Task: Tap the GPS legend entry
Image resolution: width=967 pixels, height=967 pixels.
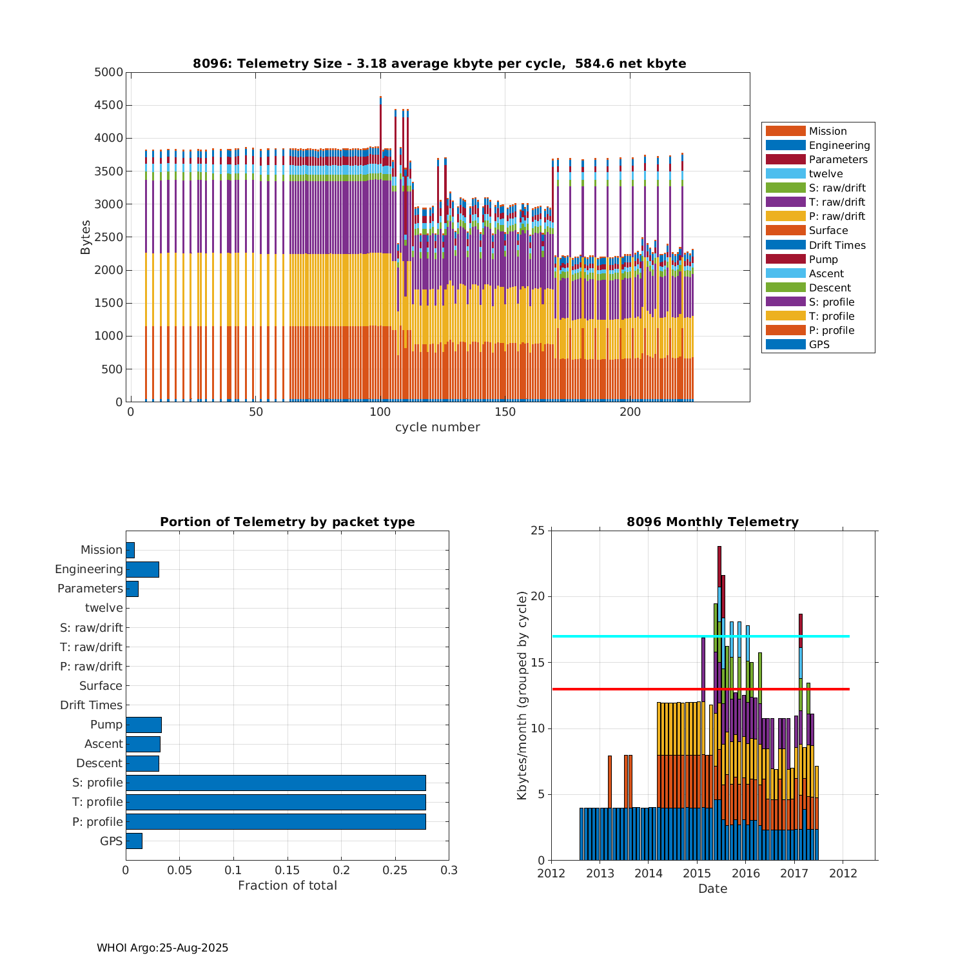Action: (x=819, y=344)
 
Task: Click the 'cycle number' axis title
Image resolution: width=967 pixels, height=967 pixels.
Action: (x=437, y=427)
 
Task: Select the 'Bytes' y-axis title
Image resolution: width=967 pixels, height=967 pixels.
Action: (x=86, y=237)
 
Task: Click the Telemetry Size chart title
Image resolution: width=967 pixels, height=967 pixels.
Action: (x=439, y=63)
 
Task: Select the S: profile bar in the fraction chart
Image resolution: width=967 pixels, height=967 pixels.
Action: (x=275, y=783)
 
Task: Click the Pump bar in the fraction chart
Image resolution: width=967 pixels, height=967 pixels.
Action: (x=143, y=725)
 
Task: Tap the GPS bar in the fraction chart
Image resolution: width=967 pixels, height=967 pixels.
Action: (x=133, y=841)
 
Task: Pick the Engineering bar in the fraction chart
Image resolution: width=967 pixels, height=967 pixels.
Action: (x=142, y=569)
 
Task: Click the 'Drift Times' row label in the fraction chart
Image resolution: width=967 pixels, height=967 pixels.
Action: (x=91, y=705)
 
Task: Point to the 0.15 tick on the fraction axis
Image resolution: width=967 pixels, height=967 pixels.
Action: (x=288, y=870)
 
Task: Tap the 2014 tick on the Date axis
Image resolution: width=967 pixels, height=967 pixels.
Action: (x=649, y=874)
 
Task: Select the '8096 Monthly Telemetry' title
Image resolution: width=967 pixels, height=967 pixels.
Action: (x=712, y=522)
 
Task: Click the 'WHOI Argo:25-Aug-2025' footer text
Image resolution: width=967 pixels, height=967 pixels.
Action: (x=162, y=948)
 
